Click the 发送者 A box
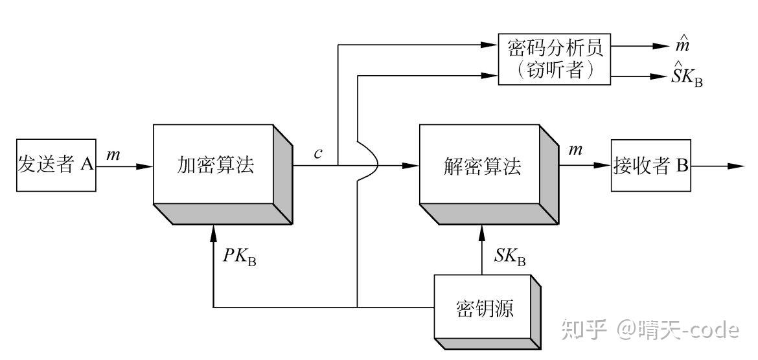pos(56,165)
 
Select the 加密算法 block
pos(216,165)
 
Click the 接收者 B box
pos(650,166)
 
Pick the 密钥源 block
pos(485,308)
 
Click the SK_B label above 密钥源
pos(509,256)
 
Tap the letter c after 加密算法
pos(318,153)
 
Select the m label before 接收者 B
pos(575,150)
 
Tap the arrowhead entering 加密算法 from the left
pos(146,166)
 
